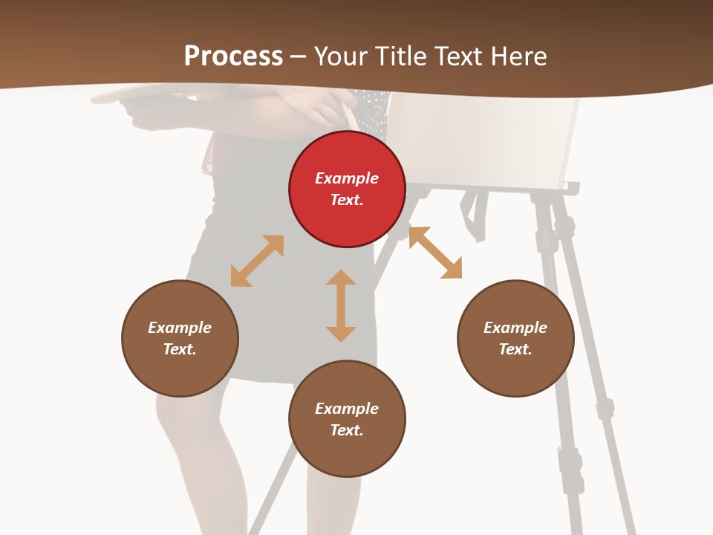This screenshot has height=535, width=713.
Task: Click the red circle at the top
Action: tap(347, 189)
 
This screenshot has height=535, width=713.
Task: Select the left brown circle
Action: tap(180, 338)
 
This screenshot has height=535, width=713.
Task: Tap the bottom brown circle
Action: tap(347, 419)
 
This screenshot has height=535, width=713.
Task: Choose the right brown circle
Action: tap(515, 338)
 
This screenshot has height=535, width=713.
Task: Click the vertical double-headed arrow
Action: tap(341, 305)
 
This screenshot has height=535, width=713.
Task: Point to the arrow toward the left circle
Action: tap(257, 261)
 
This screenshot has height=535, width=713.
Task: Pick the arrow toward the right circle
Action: tap(435, 253)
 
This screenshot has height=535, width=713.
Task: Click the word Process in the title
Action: tap(233, 56)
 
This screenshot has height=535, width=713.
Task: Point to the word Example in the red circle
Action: tap(347, 178)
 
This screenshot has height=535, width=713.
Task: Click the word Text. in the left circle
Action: tap(180, 349)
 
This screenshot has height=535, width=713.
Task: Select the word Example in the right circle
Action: tap(515, 328)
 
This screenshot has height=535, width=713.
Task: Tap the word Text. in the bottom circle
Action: tap(347, 430)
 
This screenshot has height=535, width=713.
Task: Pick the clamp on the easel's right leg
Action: tap(605, 408)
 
